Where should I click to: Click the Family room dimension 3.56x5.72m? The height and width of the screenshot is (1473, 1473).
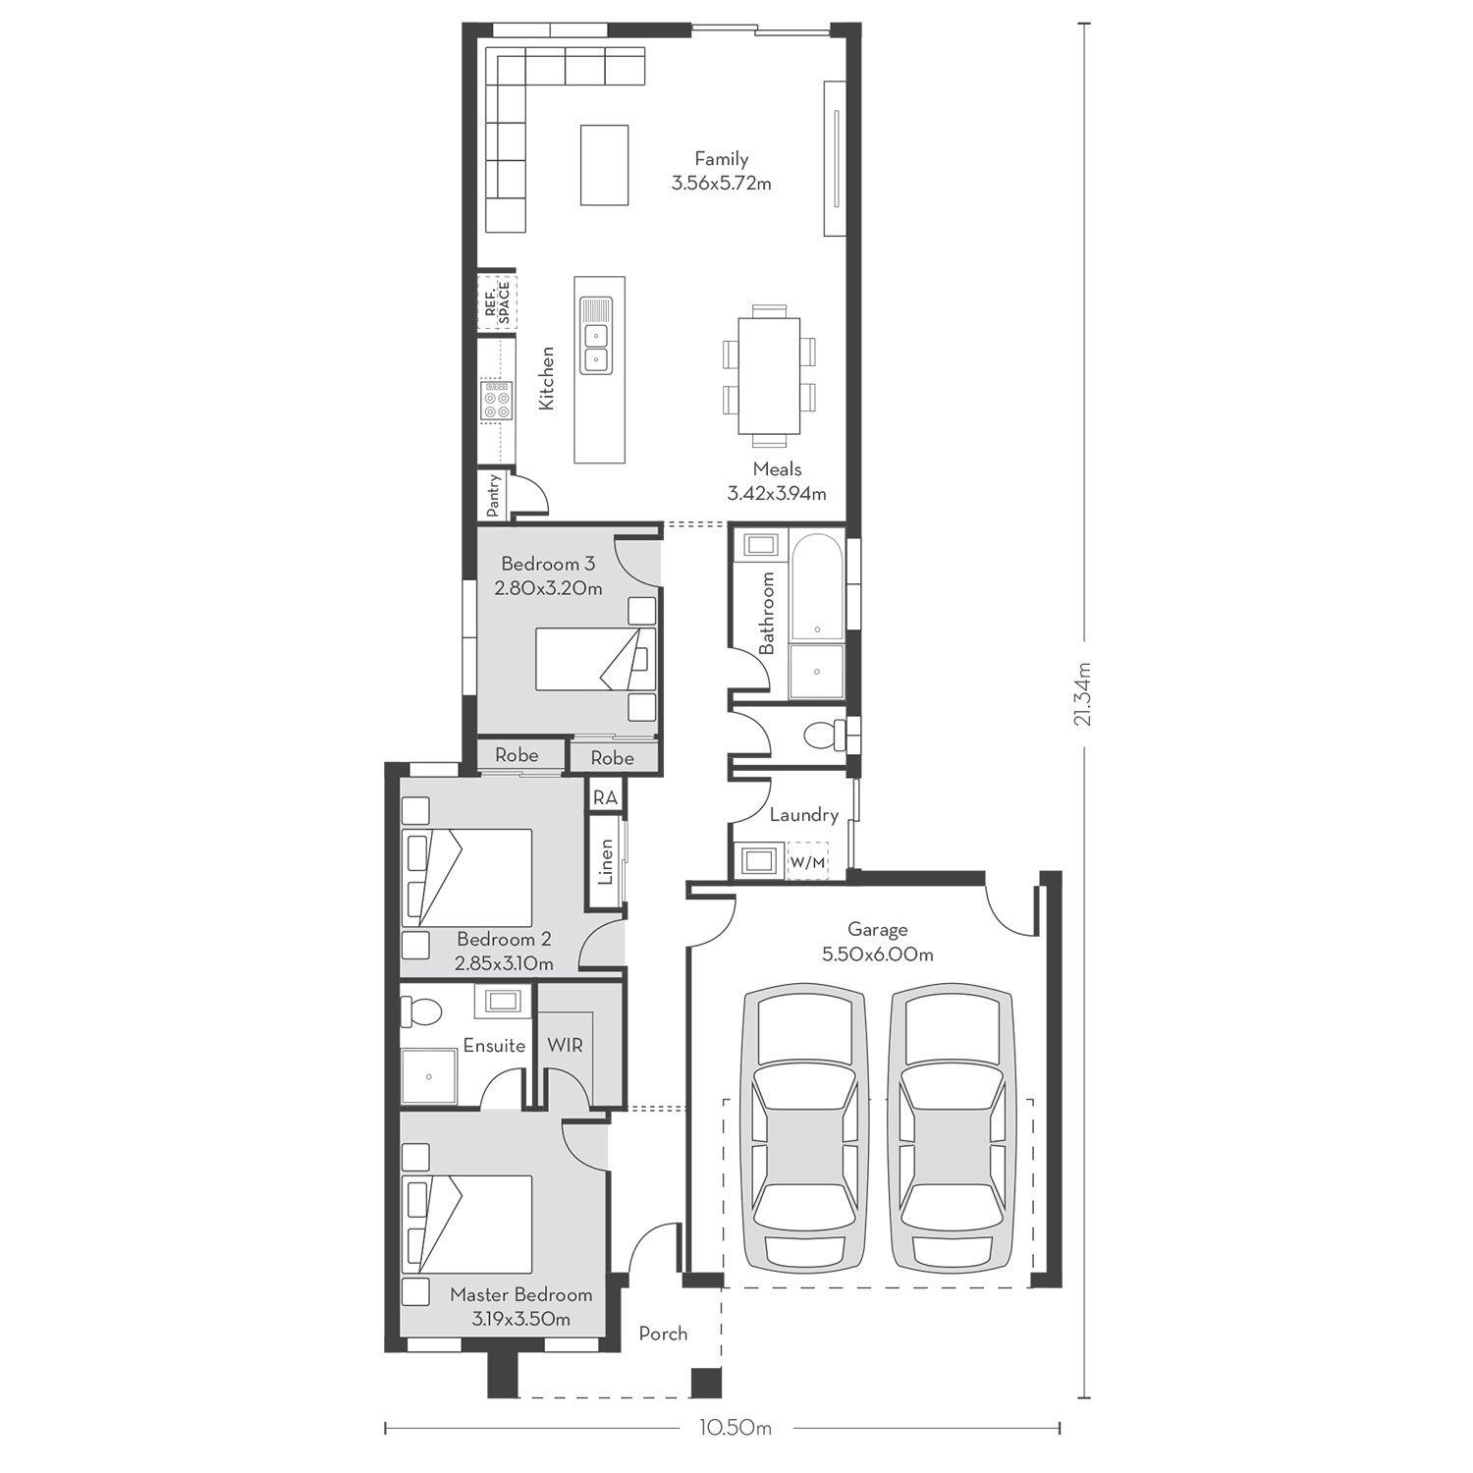(x=722, y=183)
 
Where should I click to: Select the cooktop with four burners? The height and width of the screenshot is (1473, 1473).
(x=497, y=401)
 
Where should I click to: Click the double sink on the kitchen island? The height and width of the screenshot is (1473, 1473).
(x=595, y=335)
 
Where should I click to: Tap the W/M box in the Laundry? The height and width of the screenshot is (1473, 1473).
(x=808, y=861)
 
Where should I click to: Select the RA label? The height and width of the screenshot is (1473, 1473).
(x=605, y=797)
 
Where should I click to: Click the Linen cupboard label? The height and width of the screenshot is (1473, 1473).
(x=606, y=861)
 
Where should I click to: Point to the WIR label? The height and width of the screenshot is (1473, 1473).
(x=566, y=1045)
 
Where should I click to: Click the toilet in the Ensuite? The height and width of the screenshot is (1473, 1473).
(x=425, y=1009)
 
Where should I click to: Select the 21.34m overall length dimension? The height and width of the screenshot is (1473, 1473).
(x=1084, y=692)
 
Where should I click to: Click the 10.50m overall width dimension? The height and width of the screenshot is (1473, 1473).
(x=722, y=1428)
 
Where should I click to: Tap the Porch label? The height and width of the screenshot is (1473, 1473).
(x=663, y=1334)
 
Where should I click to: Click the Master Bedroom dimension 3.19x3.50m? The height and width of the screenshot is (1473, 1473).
(x=520, y=1319)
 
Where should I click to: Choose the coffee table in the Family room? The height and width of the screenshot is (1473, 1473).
(x=604, y=164)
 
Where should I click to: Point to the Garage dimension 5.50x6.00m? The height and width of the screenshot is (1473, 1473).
(x=878, y=954)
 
